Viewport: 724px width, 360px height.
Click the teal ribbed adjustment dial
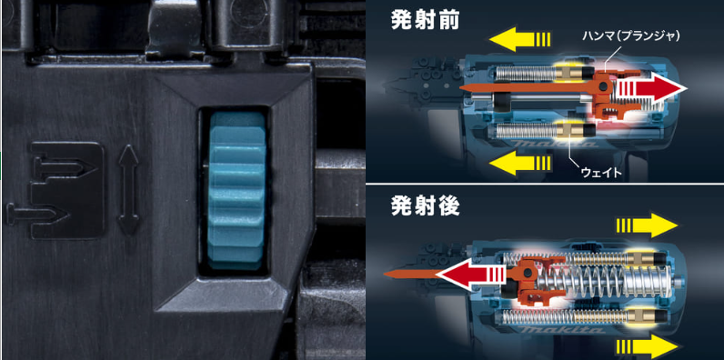coord(236,191)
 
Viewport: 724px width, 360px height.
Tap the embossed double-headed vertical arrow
coord(128,190)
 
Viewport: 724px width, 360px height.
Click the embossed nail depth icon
coord(55,190)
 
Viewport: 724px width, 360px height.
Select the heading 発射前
coord(425,21)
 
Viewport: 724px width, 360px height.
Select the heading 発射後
coord(425,207)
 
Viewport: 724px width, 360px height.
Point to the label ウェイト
coord(599,173)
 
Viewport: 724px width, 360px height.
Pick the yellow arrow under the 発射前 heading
coord(519,39)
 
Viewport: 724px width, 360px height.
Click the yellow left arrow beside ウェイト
coord(519,164)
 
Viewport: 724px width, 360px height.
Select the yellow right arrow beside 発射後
coord(648,225)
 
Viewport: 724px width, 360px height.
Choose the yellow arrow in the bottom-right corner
coord(648,346)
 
